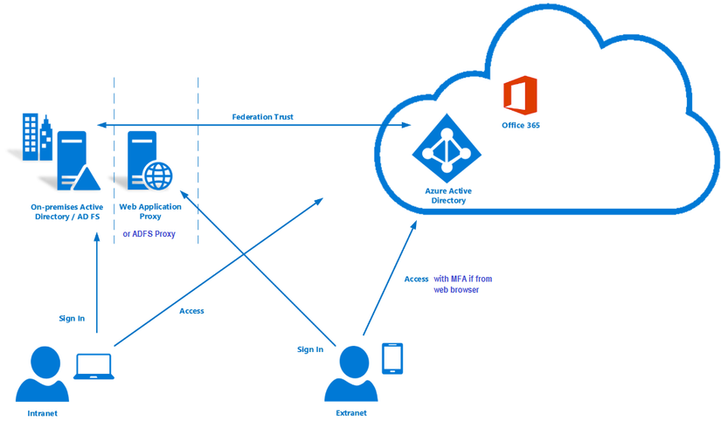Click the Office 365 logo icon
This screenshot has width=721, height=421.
point(520,96)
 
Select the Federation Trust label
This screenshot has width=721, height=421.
point(262,116)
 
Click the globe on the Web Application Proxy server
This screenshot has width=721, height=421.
point(158,175)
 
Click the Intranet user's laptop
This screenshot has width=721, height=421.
point(94,368)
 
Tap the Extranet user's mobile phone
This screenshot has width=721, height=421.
point(393,357)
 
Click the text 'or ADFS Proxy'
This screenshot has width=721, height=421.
point(149,233)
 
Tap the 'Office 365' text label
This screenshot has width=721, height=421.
point(520,126)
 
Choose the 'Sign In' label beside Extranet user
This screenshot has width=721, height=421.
point(310,349)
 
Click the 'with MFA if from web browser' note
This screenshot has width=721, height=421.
point(462,284)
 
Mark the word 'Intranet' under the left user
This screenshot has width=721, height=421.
point(42,413)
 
